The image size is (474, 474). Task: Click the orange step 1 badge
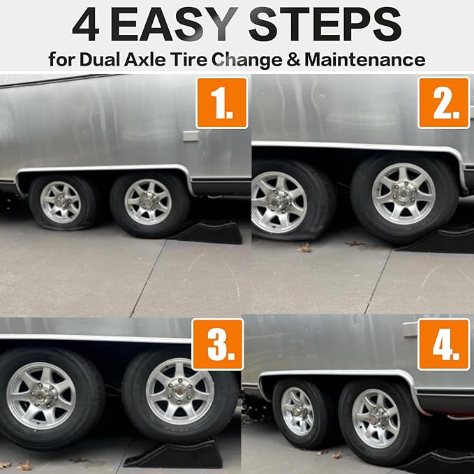(222, 103)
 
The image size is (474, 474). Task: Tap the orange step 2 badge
(444, 103)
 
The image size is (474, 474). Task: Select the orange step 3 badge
(218, 344)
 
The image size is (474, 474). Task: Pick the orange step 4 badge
(444, 344)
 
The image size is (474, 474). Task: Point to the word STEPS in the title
(325, 24)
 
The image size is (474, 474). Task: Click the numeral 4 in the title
(86, 25)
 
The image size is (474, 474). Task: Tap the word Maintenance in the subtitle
(365, 59)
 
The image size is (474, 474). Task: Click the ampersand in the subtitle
(293, 59)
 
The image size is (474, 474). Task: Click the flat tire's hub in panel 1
(60, 201)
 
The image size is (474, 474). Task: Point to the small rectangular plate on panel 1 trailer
(191, 136)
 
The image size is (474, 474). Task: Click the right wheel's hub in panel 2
(403, 193)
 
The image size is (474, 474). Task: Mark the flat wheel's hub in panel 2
(275, 202)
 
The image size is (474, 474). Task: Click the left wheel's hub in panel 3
(41, 395)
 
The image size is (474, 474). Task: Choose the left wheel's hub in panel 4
(297, 410)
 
